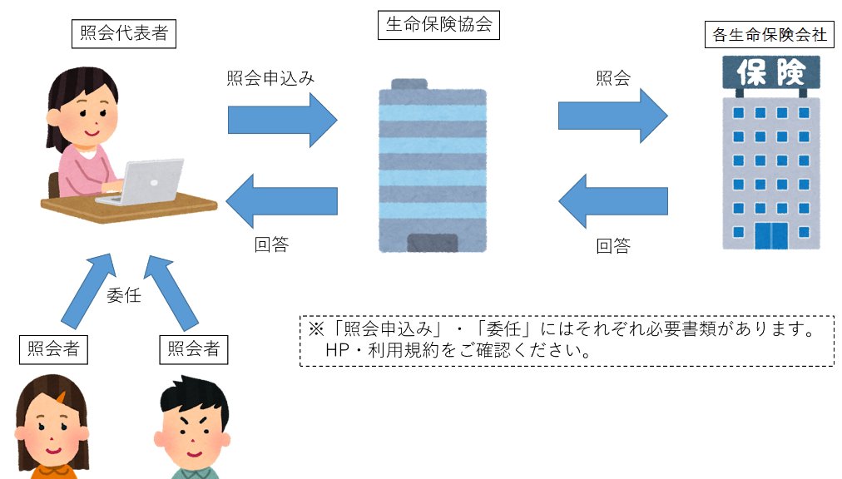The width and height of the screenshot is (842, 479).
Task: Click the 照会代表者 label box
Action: click(x=124, y=34)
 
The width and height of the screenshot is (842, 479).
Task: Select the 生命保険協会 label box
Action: click(x=438, y=25)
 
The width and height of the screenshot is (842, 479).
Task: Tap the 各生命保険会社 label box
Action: click(x=768, y=35)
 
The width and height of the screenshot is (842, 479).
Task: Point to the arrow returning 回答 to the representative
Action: click(x=280, y=201)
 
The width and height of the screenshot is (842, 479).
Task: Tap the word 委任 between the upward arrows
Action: click(x=123, y=295)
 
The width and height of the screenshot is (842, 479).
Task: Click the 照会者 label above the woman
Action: click(x=53, y=349)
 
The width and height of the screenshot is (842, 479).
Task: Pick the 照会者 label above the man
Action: click(x=193, y=349)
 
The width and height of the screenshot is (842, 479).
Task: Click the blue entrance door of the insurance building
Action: click(x=770, y=235)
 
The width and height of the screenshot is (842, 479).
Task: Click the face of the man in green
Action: click(x=190, y=432)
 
